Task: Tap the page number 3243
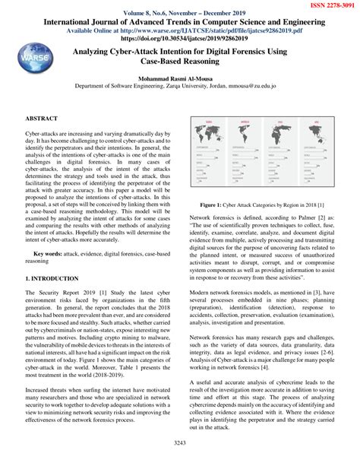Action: pos(179,442)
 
